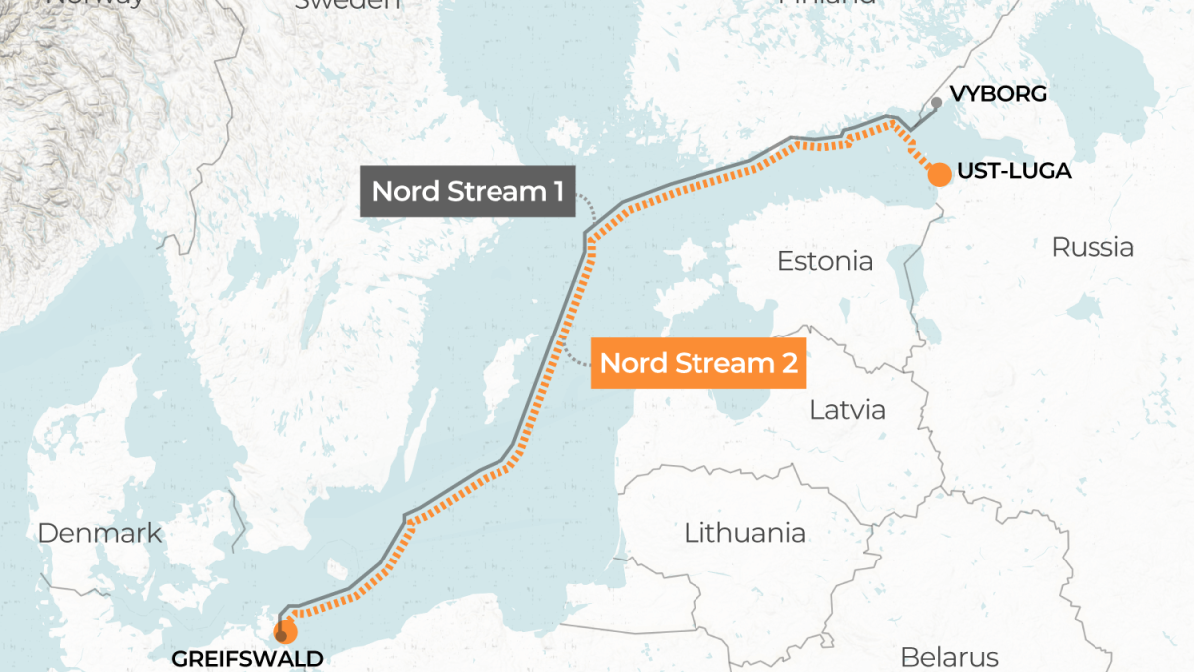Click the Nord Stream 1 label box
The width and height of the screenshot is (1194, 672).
[467, 191]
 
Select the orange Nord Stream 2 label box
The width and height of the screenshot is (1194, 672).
[698, 364]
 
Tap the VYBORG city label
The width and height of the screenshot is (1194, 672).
[998, 94]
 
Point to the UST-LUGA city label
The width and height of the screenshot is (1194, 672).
[1014, 172]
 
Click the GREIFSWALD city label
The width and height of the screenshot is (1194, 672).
[248, 658]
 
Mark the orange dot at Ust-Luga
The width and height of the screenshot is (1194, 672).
[938, 175]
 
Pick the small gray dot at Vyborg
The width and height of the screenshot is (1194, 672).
[936, 102]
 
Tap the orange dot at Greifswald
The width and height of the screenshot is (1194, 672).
[286, 632]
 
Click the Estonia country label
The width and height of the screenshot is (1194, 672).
[824, 261]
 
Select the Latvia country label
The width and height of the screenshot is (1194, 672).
[847, 409]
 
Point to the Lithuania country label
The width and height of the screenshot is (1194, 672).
[744, 532]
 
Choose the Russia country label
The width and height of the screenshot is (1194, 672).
[1093, 246]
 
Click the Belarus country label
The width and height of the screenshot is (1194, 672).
[948, 657]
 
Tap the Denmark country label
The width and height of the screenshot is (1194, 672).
[99, 533]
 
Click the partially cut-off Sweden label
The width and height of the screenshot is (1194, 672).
[348, 4]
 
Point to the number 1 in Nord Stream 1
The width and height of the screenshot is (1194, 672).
[552, 191]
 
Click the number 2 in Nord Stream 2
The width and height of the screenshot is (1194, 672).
[787, 364]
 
